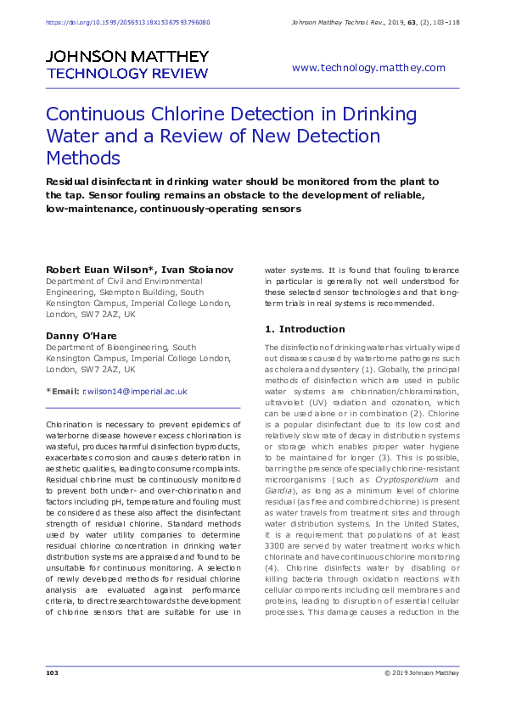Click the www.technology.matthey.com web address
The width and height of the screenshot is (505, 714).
pos(368,68)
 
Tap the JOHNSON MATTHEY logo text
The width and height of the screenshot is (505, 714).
pos(126,57)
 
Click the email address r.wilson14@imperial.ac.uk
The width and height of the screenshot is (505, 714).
pos(134,392)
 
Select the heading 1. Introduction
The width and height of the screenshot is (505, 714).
pos(305,329)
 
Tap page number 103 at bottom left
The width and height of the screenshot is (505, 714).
pos(52,673)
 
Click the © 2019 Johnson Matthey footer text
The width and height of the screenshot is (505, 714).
pos(421,673)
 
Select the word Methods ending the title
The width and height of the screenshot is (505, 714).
pos(82,159)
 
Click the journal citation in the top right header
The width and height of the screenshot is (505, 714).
pos(374,22)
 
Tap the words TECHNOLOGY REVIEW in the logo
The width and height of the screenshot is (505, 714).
pos(126,74)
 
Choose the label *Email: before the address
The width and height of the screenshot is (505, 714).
pos(62,392)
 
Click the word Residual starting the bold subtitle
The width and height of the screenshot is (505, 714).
pos(70,181)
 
